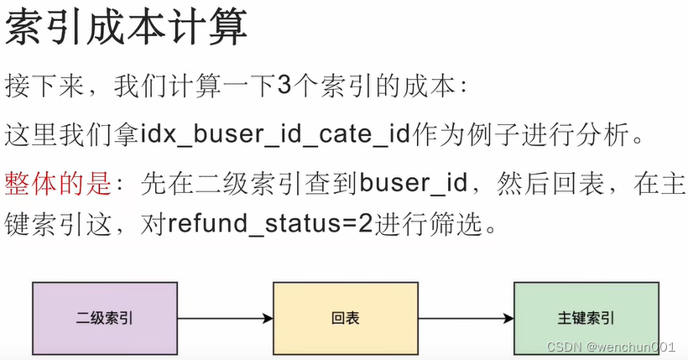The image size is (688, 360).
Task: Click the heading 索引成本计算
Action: tap(127, 29)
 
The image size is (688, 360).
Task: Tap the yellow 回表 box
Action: tap(345, 318)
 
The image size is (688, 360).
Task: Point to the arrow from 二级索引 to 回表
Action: tap(225, 319)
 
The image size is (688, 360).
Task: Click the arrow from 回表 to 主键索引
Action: tap(466, 319)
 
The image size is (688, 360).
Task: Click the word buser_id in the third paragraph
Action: tap(406, 182)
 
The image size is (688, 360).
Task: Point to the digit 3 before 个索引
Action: tap(283, 86)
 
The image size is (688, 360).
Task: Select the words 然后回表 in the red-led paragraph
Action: tap(533, 182)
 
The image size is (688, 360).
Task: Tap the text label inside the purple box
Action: tap(105, 319)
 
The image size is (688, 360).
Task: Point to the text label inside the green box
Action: tap(586, 319)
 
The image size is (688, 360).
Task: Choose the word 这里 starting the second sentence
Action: tap(29, 134)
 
